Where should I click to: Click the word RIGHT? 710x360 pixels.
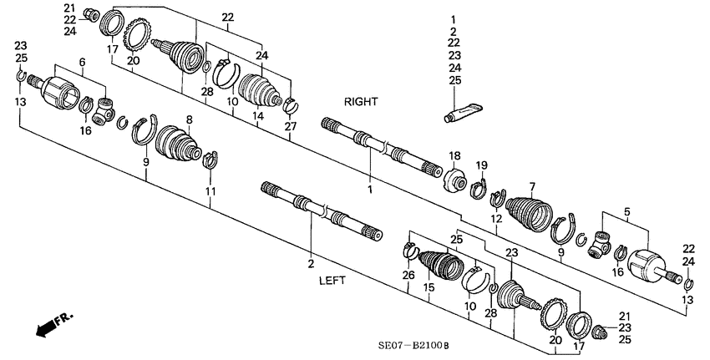coord(361,101)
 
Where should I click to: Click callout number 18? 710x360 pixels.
coord(454,156)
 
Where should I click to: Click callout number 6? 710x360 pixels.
coord(82,63)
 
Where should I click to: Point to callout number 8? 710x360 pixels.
coord(190,119)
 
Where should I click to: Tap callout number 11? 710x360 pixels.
coord(210,191)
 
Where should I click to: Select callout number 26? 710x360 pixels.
coord(407,275)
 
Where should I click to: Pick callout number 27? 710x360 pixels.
coord(290,125)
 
